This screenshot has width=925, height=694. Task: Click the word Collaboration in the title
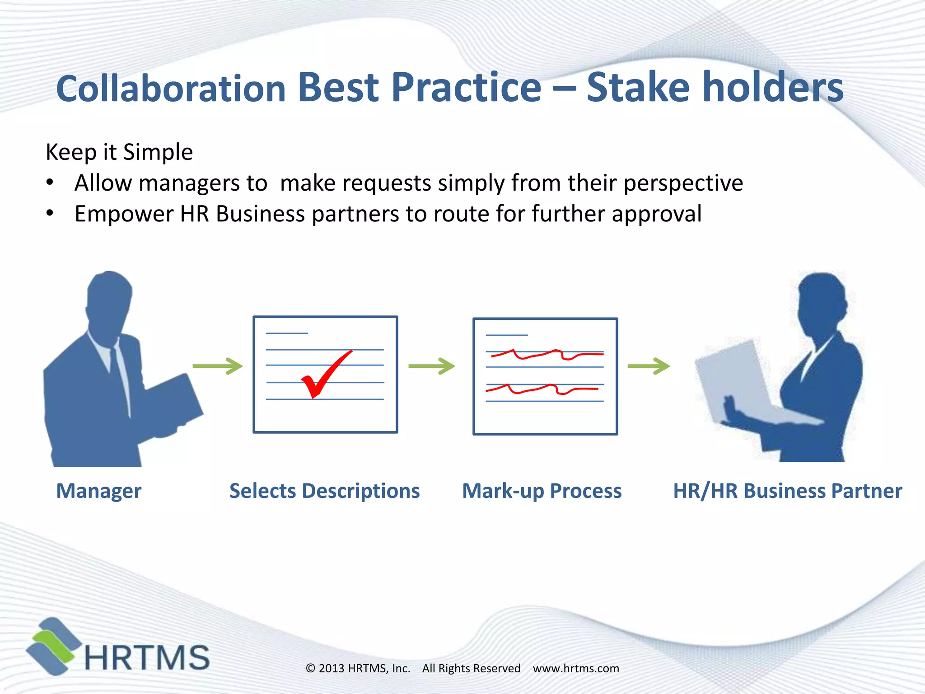pyautogui.click(x=171, y=88)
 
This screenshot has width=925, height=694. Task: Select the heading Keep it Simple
pyautogui.click(x=119, y=152)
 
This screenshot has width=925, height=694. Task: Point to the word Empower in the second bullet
pyautogui.click(x=123, y=214)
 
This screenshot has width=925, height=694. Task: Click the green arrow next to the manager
pyautogui.click(x=218, y=366)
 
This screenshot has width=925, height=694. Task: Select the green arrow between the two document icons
pyautogui.click(x=431, y=366)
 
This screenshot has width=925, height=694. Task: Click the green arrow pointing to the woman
pyautogui.click(x=649, y=366)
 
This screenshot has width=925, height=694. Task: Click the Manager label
pyautogui.click(x=98, y=491)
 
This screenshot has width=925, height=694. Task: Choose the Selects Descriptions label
pyautogui.click(x=324, y=491)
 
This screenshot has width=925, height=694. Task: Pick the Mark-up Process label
pyautogui.click(x=542, y=491)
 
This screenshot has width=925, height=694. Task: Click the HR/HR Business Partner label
pyautogui.click(x=787, y=491)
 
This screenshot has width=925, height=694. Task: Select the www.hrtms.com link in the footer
pyautogui.click(x=576, y=668)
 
